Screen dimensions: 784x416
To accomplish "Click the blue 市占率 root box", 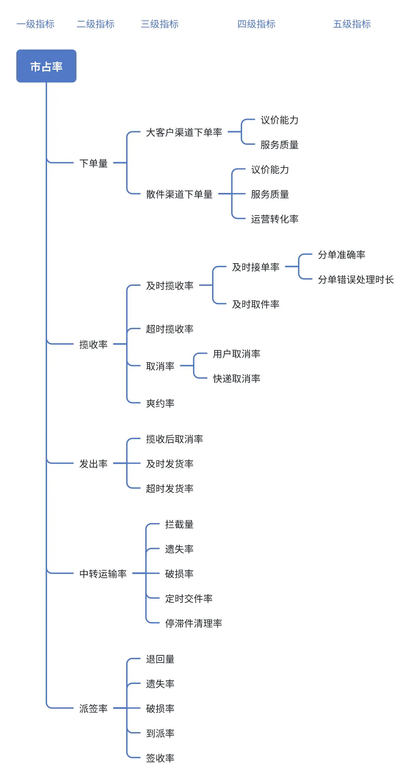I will [46, 66].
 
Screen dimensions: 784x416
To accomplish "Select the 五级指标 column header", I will [352, 24].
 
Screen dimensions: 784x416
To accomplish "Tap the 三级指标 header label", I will [160, 24].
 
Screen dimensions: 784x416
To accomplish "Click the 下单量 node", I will [93, 163].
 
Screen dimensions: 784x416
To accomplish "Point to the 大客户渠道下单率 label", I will [184, 132].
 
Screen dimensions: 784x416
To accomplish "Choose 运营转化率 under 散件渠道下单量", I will [274, 219].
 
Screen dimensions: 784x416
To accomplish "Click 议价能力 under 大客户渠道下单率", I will [279, 120].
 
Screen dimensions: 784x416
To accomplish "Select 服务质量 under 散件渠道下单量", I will [270, 194].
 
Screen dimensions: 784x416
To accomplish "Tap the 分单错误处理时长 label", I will [356, 280].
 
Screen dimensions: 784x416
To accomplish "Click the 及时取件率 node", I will [255, 304].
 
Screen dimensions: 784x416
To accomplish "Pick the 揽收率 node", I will [93, 344].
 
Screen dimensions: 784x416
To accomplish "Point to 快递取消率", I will [236, 378].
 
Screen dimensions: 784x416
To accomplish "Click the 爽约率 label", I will [160, 403].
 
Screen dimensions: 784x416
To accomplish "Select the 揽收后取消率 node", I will [174, 439].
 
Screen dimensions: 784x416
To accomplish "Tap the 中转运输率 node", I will [103, 574].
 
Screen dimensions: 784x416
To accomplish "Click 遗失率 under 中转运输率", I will [179, 549].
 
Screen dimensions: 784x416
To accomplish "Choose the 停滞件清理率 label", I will [193, 623].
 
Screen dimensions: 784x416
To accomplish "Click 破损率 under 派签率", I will [160, 709].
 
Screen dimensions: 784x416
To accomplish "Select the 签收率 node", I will [160, 758].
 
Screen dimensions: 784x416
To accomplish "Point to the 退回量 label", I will [160, 659].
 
